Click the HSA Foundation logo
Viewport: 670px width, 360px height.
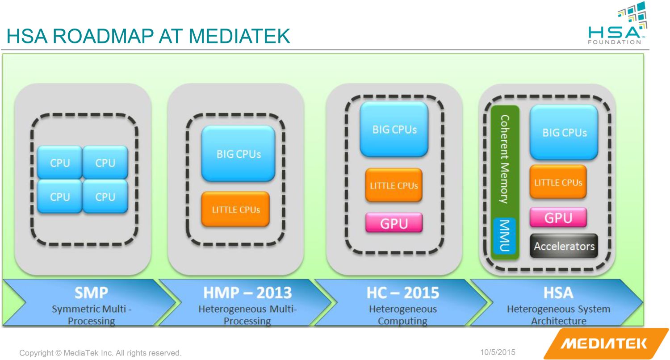617,23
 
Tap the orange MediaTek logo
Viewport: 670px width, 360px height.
606,343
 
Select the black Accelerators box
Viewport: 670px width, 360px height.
564,246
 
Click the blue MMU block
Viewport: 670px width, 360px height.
505,236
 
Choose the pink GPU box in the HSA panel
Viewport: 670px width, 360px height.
558,218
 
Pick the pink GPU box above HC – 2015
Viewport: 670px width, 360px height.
394,223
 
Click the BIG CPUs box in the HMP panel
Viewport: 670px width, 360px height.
238,154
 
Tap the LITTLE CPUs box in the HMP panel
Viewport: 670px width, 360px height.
235,209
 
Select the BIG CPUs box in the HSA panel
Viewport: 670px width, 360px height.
564,132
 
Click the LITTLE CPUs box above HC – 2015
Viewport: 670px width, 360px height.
394,185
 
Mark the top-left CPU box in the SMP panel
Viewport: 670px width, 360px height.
60,163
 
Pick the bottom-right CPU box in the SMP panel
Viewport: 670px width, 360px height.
105,197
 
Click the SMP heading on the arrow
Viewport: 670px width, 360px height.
91,293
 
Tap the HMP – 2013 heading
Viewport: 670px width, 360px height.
247,293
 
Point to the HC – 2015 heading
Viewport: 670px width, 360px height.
403,293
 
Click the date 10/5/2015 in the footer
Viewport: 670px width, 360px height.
498,352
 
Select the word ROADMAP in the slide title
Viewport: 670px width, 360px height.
103,36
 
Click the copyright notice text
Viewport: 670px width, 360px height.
100,353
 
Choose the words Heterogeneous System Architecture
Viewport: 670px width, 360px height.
558,315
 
